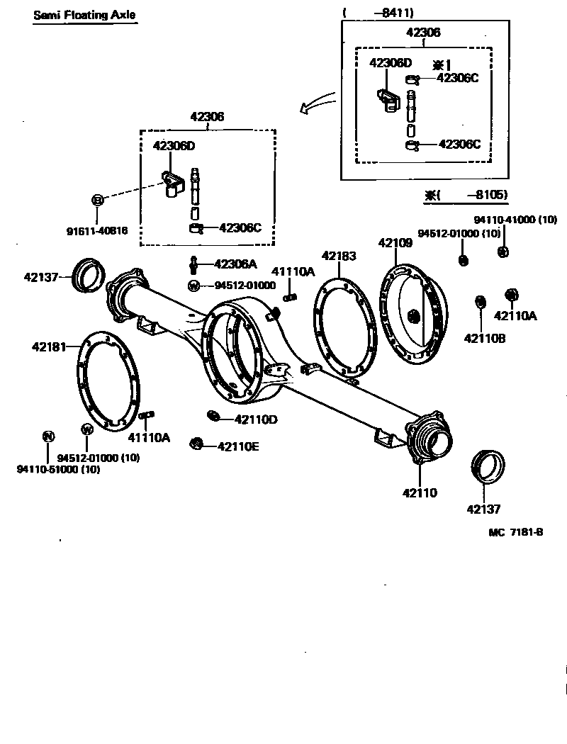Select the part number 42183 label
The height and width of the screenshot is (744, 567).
point(339,256)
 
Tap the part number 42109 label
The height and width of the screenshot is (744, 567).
point(395,242)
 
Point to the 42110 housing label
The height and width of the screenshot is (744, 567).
point(421,492)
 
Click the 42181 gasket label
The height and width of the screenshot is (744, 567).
point(48,347)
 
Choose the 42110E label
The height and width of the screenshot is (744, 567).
point(238,446)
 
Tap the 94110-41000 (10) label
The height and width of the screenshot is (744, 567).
point(515,220)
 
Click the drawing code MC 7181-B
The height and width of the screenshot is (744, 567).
point(515,532)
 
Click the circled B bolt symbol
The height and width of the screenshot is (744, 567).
point(98,201)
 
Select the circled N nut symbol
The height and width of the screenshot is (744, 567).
point(47,436)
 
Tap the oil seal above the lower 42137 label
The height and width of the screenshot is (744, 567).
point(488,467)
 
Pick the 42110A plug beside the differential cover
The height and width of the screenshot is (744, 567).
point(510,294)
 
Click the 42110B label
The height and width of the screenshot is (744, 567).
point(485,338)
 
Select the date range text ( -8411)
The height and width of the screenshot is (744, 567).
point(378,12)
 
